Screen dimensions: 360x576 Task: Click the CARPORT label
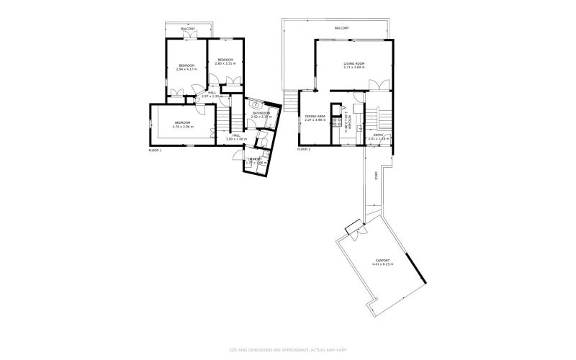click(x=382, y=260)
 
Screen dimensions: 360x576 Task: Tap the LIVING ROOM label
click(x=354, y=64)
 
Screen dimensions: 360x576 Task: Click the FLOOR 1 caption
click(x=155, y=150)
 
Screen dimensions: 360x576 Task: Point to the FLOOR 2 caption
click(x=304, y=149)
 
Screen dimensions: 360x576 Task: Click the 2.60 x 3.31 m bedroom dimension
click(x=225, y=64)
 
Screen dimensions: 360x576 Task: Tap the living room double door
click(x=380, y=84)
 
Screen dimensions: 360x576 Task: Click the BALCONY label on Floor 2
click(x=342, y=28)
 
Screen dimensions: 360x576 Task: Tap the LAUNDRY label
click(x=254, y=158)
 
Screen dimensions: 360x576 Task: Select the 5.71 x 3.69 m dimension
click(x=354, y=68)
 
